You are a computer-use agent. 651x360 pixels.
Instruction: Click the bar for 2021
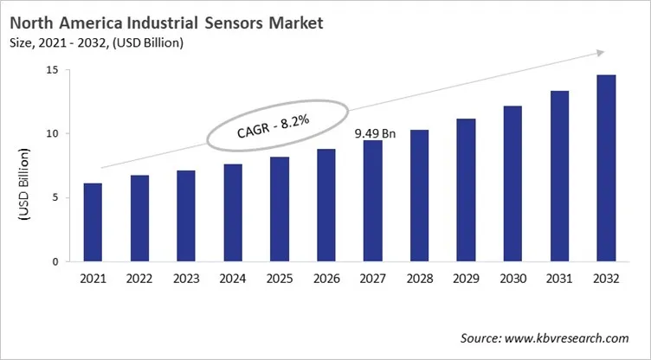pos(93,222)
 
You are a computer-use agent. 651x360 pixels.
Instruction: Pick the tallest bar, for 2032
pos(605,168)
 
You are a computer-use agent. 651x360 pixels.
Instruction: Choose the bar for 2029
pos(466,190)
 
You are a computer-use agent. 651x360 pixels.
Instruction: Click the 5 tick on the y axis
pos(55,197)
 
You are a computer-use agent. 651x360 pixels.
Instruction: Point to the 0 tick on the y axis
pos(55,261)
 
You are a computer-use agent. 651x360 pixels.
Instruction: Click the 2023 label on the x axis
pos(186,280)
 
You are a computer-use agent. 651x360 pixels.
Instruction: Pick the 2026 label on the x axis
pos(325,280)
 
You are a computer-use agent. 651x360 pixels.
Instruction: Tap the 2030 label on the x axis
pos(512,280)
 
